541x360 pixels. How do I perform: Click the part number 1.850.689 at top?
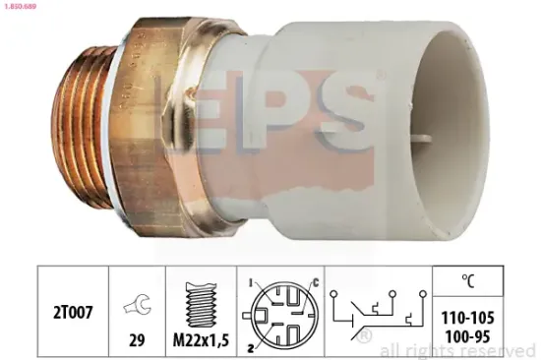(x=24, y=7)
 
